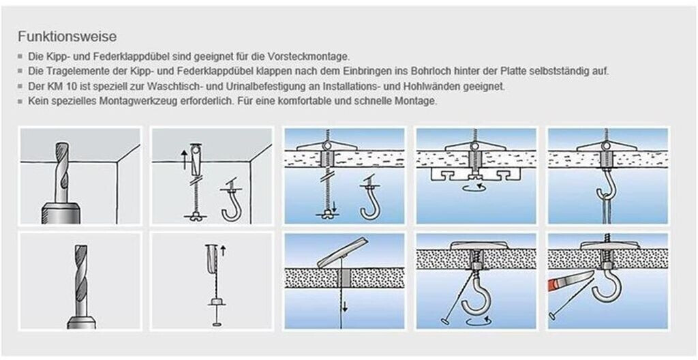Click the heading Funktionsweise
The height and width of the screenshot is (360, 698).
coord(67,37)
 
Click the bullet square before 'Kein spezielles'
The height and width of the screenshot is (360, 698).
coord(20,102)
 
